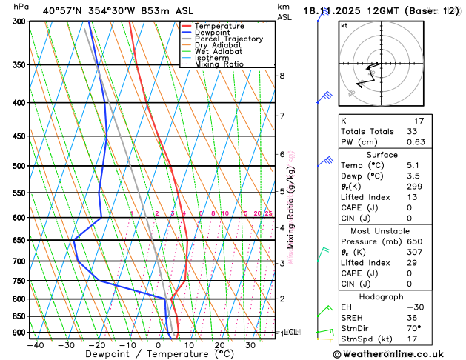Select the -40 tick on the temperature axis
[x=35, y=345]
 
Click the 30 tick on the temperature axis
[x=250, y=345]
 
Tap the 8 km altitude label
[x=282, y=76]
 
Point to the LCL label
[x=290, y=333]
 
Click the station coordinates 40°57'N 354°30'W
[x=92, y=10]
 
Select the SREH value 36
[x=433, y=317]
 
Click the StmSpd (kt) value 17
[x=433, y=339]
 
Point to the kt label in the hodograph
[x=344, y=25]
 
